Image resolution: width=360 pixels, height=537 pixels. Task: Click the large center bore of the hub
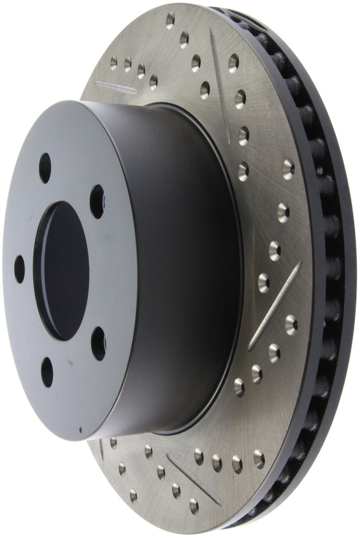(61, 270)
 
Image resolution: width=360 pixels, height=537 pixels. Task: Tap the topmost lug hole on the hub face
(45, 168)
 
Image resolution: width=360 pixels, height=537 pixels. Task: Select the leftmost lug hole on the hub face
(19, 269)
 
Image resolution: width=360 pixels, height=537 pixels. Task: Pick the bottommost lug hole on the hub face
(47, 372)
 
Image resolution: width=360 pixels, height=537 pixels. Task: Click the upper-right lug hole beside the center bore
(97, 201)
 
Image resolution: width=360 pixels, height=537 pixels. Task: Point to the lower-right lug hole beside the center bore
(99, 343)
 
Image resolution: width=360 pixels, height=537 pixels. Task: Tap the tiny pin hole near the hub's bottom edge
(80, 431)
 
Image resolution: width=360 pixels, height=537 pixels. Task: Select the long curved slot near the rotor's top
(219, 84)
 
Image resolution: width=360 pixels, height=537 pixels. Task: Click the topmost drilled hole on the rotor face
(170, 20)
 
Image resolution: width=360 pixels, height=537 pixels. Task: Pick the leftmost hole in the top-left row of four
(113, 63)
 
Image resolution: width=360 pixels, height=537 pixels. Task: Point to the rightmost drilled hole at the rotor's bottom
(259, 459)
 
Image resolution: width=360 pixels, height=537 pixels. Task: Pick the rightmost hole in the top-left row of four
(153, 81)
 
